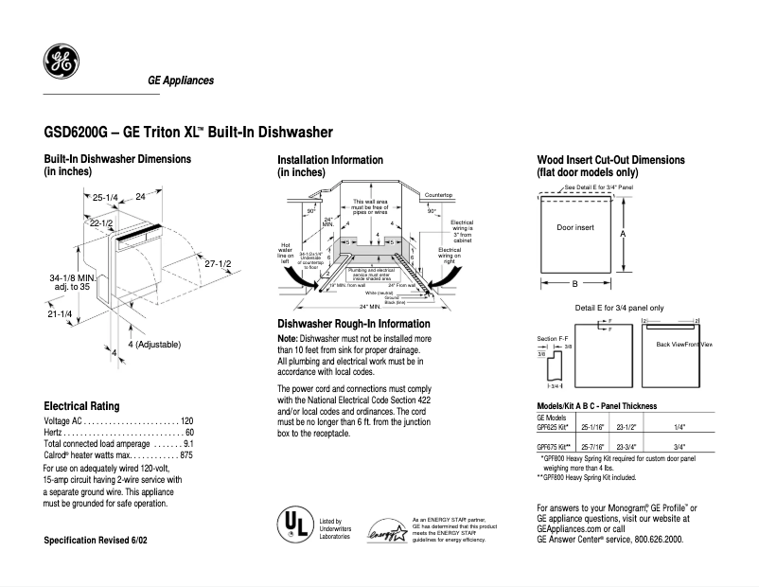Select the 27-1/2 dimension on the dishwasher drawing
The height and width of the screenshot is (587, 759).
219,264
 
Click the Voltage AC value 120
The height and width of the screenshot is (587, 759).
186,420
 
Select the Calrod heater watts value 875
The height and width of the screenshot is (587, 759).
185,455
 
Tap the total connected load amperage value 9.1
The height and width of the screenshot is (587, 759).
187,443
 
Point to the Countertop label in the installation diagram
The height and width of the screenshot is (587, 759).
439,194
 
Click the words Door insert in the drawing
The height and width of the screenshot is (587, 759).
574,228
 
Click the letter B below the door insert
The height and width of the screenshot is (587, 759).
574,283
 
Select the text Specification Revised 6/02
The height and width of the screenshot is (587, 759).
96,540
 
